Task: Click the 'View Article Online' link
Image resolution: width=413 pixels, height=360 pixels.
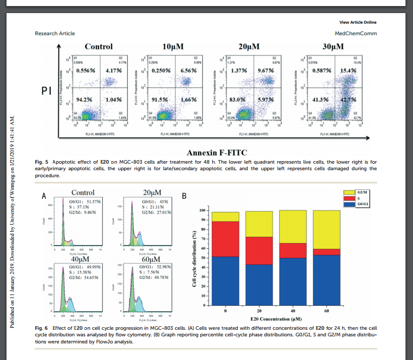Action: pyautogui.click(x=358, y=22)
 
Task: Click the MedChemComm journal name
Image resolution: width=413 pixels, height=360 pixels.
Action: pyautogui.click(x=356, y=33)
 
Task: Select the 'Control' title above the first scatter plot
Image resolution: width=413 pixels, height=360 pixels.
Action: pyautogui.click(x=98, y=46)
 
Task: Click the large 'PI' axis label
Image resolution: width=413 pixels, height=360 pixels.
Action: pyautogui.click(x=46, y=92)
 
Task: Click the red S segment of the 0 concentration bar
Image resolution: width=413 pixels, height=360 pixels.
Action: pyautogui.click(x=225, y=239)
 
